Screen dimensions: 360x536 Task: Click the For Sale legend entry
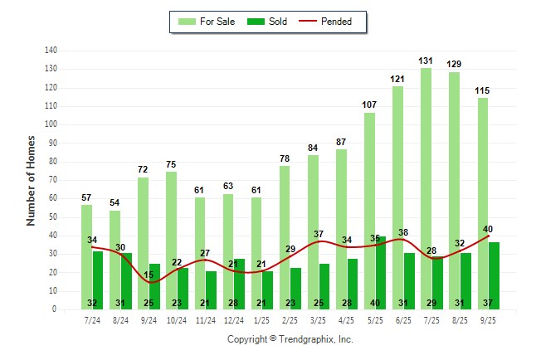click(207, 22)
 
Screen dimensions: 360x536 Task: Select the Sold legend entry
click(268, 22)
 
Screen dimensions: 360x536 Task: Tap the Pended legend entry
click(329, 22)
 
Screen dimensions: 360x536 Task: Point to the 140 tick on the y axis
click(51, 51)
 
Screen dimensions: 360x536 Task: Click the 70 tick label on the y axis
click(52, 180)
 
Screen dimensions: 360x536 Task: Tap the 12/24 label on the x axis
click(233, 320)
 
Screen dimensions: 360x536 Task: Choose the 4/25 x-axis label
click(346, 320)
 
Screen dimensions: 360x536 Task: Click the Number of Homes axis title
click(31, 180)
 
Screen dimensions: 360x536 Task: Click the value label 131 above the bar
click(426, 61)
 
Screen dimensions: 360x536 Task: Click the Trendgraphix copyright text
click(290, 339)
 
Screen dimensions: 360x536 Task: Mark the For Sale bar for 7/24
click(86, 257)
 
